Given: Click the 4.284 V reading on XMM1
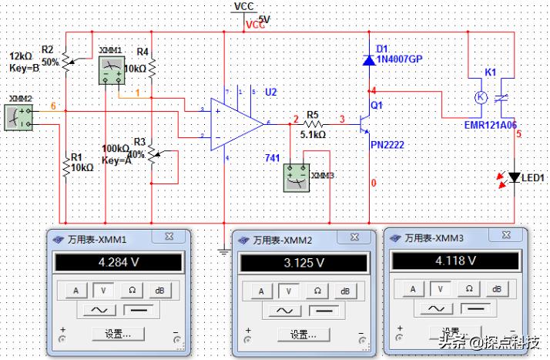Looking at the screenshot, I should click(x=116, y=263).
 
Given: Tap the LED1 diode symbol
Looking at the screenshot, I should click(x=515, y=178).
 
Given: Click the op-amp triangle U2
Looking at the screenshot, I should click(x=235, y=123).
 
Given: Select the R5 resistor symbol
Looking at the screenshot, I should click(x=313, y=123).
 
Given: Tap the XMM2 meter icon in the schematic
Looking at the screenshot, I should click(x=18, y=116).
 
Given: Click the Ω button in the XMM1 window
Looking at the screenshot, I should click(x=132, y=290).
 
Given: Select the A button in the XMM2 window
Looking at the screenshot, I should click(x=262, y=291).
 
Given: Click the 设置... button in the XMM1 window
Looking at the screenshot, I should click(x=116, y=335).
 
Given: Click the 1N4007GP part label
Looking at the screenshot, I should click(x=400, y=59).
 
